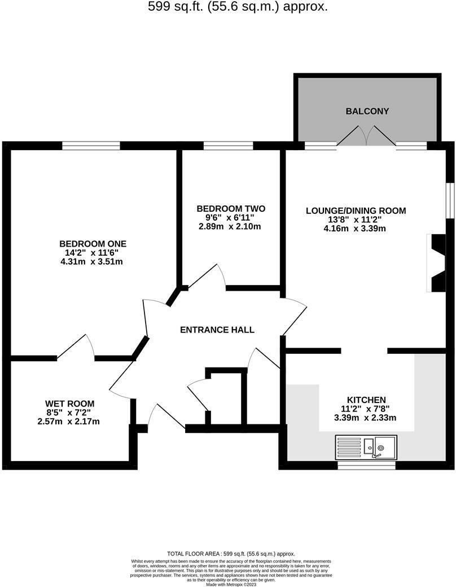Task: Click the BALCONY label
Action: pos(367,111)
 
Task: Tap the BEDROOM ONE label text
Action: pos(93,244)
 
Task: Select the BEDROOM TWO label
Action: pos(230,209)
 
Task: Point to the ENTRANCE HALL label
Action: pos(217,330)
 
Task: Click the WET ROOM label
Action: pos(70,404)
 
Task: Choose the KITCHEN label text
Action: pos(366,400)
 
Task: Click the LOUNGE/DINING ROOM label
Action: pos(356,211)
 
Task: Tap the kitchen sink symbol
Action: pos(366,446)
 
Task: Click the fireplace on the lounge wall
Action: pos(437,262)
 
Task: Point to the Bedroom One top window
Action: pos(91,146)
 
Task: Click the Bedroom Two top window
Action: pos(228,146)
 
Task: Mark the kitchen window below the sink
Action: pos(366,466)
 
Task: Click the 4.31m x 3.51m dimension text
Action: pos(93,261)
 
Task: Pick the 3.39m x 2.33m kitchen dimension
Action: pos(366,418)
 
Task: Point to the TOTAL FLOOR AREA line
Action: pos(231,554)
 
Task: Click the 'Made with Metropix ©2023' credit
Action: pos(231,584)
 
